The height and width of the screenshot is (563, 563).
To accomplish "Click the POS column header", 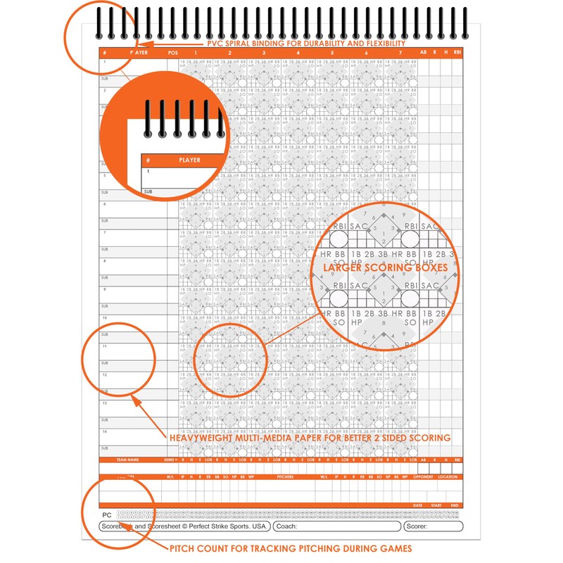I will [173, 53].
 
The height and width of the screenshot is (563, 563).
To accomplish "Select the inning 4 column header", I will [298, 53].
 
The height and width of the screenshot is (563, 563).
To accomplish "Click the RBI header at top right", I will [457, 53].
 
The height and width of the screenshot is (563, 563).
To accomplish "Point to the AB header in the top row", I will [423, 53].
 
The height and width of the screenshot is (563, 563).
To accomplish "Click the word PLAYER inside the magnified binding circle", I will [189, 160].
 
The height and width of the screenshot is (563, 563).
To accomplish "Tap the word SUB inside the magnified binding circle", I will [148, 191].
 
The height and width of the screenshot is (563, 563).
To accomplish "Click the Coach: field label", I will [287, 526].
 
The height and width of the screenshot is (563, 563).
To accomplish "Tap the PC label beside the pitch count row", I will [106, 515].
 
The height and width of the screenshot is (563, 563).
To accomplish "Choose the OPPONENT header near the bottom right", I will [424, 476].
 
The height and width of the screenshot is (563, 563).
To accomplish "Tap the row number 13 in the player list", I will [104, 403].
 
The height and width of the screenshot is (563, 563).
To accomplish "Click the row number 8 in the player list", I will [104, 260].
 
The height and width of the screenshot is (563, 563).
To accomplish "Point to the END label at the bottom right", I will [455, 505].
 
